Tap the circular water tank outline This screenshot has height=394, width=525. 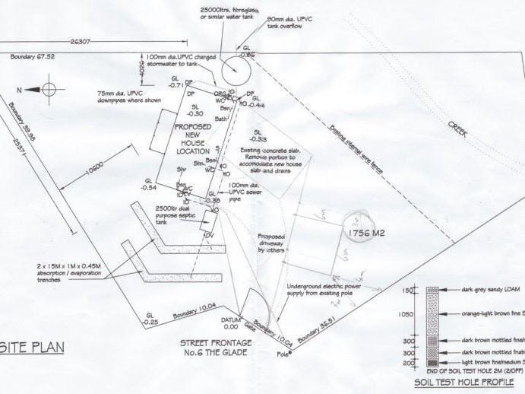pyautogui.click(x=235, y=74)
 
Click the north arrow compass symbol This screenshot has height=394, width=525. pyautogui.click(x=47, y=89)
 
